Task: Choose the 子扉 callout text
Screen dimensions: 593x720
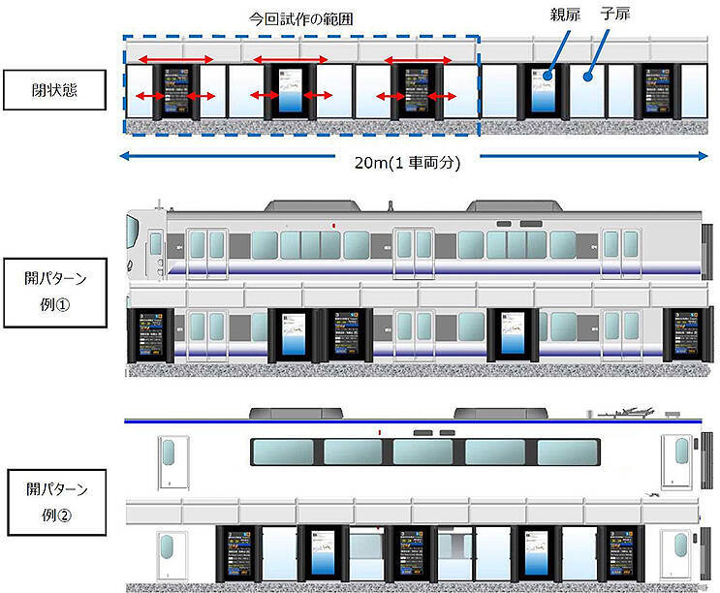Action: [614, 17]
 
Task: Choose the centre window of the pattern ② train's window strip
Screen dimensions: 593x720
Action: [427, 452]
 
